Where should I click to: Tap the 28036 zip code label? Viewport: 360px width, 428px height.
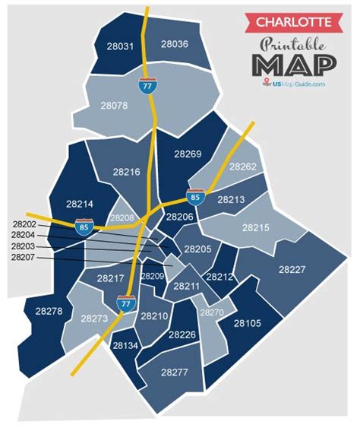175,44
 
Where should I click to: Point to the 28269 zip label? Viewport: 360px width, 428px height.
188,154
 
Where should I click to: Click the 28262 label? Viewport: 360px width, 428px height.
242,166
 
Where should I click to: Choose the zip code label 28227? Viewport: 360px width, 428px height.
292,269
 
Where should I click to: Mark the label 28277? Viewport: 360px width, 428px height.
175,372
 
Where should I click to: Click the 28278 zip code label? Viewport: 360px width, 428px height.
49,311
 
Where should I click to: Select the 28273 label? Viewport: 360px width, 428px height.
94,318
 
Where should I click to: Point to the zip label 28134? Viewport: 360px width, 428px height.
125,345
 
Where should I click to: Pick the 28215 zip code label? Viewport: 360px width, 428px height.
255,227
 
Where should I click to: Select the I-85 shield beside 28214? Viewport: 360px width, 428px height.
83,226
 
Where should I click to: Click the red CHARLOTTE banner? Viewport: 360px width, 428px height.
292,18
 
